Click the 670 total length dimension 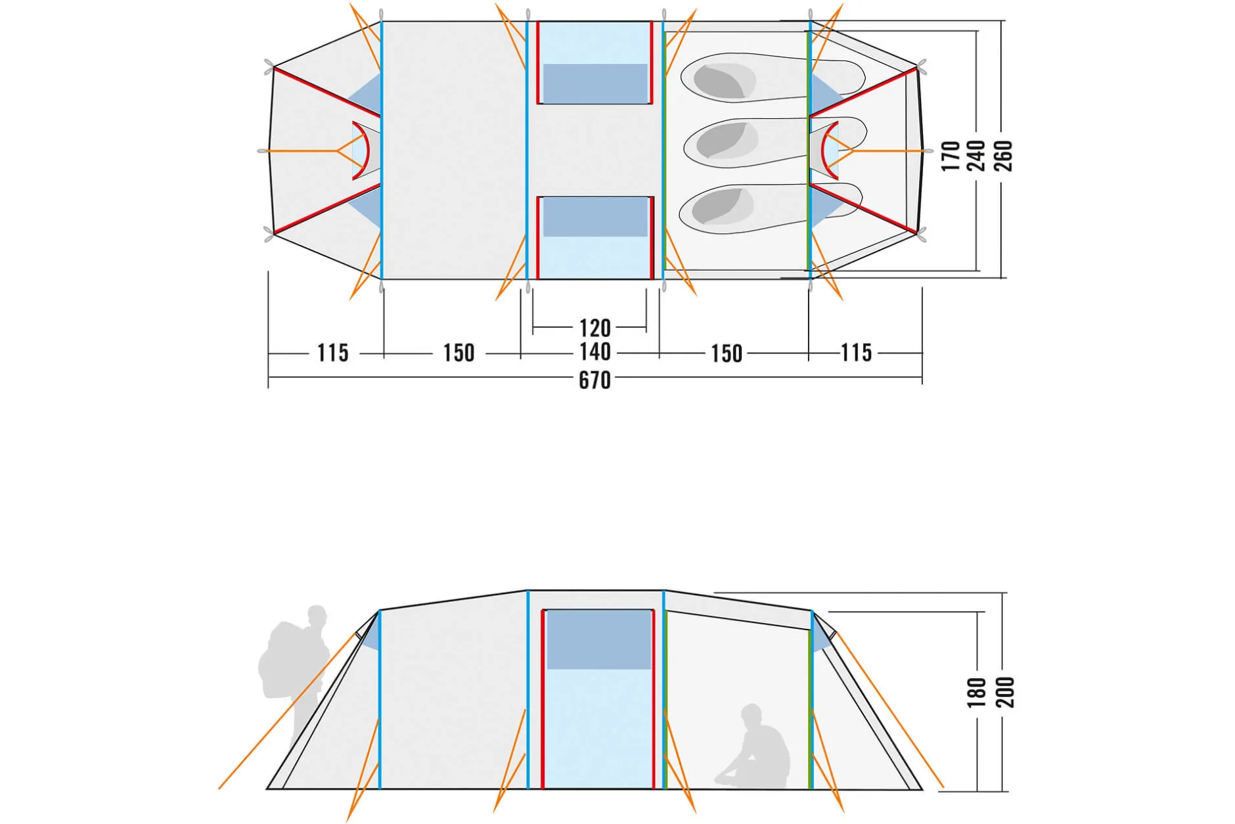(595, 380)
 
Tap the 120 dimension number (595, 328)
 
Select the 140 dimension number (595, 352)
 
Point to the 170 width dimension (951, 156)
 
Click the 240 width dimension (976, 156)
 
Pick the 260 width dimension (1003, 156)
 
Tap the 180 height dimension (977, 693)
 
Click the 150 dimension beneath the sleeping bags (727, 354)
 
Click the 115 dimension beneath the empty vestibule (332, 353)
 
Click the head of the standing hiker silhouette (317, 618)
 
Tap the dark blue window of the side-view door (598, 639)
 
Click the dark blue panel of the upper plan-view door (595, 83)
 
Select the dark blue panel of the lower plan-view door (595, 217)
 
